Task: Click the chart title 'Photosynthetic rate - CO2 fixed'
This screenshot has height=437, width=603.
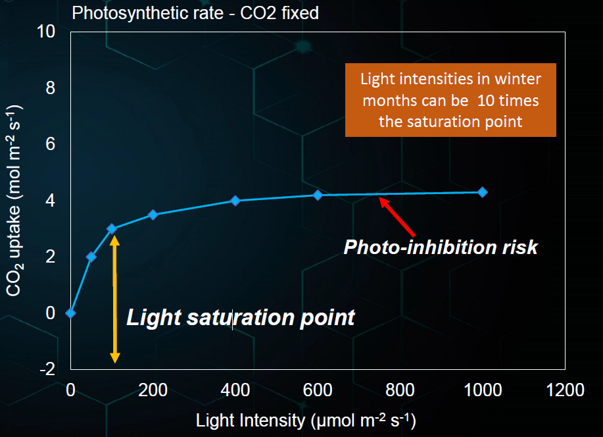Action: [x=195, y=13]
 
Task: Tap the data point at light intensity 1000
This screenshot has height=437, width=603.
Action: [x=482, y=192]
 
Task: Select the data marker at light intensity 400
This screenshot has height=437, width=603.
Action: [x=235, y=201]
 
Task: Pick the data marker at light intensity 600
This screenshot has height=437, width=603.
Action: [x=318, y=195]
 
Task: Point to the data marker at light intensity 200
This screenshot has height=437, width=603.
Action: [x=153, y=215]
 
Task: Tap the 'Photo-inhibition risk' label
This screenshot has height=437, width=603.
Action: [x=441, y=247]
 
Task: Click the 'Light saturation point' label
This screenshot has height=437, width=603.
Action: [x=241, y=317]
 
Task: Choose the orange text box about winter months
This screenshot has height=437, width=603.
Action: [x=451, y=100]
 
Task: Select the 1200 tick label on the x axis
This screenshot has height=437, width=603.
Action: [x=564, y=390]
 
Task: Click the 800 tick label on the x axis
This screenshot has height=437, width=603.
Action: [x=400, y=390]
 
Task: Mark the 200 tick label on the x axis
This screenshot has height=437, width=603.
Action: [x=153, y=390]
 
